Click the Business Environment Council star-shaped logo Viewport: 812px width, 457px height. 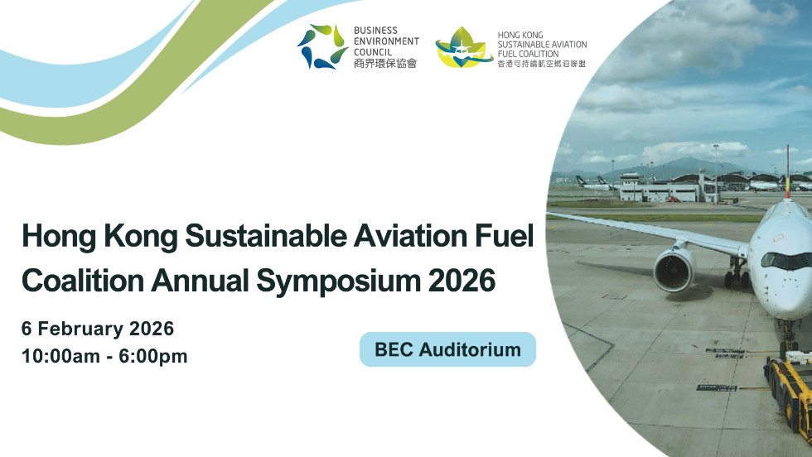(322, 46)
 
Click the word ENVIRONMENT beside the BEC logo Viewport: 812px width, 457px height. (386, 41)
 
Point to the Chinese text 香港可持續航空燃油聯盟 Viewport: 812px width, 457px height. (541, 63)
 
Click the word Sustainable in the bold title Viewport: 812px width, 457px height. (252, 237)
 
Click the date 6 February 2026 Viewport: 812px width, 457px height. (98, 329)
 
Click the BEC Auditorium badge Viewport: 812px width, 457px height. (447, 349)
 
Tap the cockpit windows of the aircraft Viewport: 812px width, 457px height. (785, 259)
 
